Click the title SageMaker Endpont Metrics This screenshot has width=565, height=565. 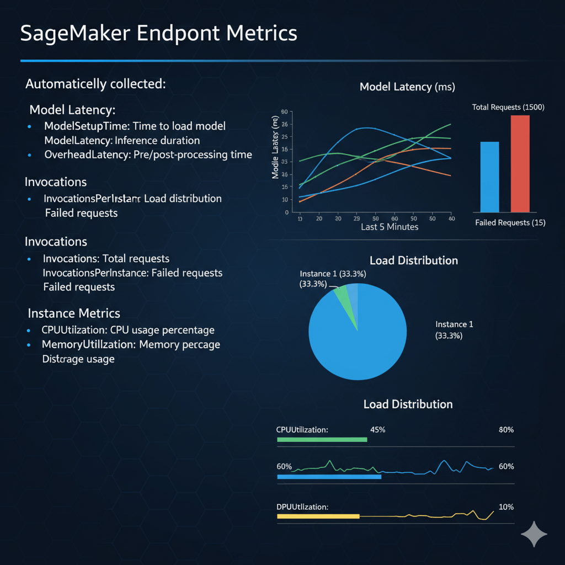coord(158,33)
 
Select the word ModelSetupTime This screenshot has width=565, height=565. coord(79,126)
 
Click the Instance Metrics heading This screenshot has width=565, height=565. coord(74,313)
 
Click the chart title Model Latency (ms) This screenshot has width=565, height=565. coord(407,87)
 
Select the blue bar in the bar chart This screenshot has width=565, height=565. coord(489,177)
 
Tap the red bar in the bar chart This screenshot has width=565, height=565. coord(520,163)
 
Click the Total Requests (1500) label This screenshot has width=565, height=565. coord(508,107)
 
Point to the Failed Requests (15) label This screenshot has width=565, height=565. coord(510,223)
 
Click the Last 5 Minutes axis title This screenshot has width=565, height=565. coord(390,227)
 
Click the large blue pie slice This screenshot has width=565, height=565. coord(359,342)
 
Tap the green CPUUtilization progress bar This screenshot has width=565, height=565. coord(322,440)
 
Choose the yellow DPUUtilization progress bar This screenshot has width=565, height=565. coord(318,516)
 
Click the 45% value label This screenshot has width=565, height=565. coord(377,430)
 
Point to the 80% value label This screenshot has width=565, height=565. coord(506,430)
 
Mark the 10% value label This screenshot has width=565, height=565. coord(506,507)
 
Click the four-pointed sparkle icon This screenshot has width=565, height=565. coord(534,534)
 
